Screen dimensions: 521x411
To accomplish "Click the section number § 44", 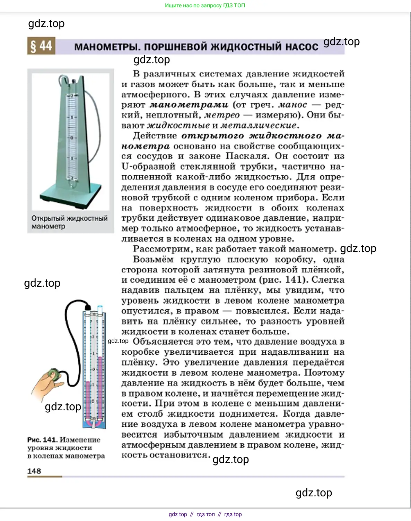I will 41,46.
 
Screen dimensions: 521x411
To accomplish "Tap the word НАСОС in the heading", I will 302,47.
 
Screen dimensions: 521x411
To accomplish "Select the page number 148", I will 34,471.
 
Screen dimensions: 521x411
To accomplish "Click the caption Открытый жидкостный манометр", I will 69,222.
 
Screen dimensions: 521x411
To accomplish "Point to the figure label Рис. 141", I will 42,440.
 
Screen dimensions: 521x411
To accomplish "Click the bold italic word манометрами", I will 189,105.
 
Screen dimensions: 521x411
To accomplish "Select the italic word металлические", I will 259,125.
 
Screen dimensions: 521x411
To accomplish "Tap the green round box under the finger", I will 54,373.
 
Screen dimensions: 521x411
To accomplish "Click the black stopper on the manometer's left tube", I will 88,307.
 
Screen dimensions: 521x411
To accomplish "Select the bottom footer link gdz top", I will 178,514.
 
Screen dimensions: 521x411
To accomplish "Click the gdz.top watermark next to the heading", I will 341,42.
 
